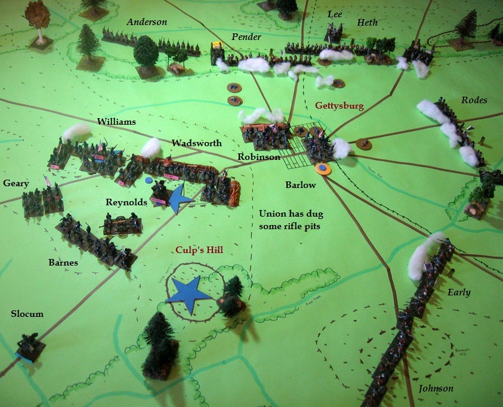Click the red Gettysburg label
click(x=339, y=106)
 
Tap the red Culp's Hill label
click(x=199, y=250)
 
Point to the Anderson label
click(x=147, y=22)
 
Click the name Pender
click(x=246, y=37)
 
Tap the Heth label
click(x=368, y=23)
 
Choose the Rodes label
click(x=474, y=100)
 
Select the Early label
click(x=459, y=292)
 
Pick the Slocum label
click(x=27, y=314)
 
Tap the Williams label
click(x=116, y=122)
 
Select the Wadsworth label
click(x=196, y=143)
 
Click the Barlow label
click(x=301, y=185)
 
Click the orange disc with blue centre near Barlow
click(x=323, y=169)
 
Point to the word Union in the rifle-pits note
click(x=273, y=214)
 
